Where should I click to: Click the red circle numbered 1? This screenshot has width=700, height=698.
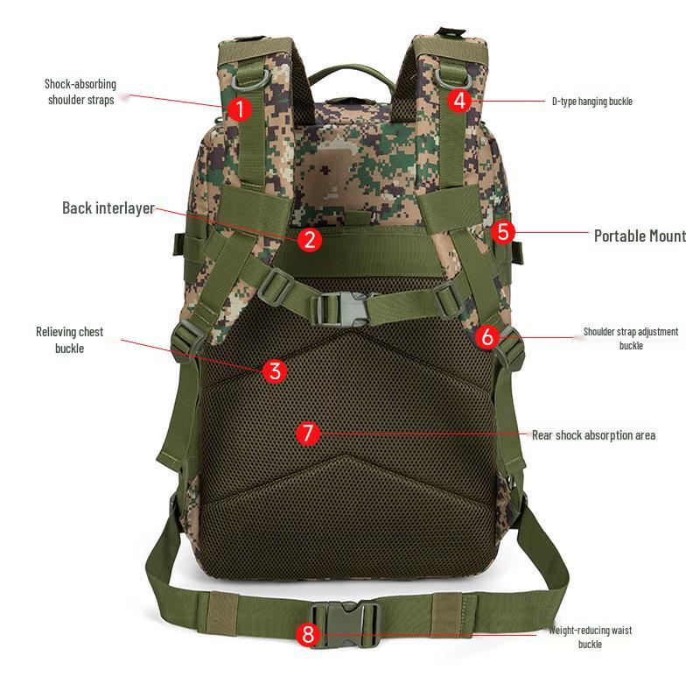pos(240,109)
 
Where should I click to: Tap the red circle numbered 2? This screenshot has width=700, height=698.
pos(309,239)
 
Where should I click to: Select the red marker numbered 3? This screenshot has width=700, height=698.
pos(275,370)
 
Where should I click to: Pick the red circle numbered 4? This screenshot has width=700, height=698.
pos(461,100)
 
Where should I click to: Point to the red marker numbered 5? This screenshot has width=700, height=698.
pos(502,232)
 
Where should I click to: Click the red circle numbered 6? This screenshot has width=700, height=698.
pos(488,336)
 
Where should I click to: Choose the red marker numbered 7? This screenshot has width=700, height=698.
pos(307,433)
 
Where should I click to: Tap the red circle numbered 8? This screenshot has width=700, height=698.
pos(307,635)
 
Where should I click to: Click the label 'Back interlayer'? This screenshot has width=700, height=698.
pos(108,208)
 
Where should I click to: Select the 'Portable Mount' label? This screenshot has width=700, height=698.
pos(640,236)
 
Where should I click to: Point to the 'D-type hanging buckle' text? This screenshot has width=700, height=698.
pos(591,102)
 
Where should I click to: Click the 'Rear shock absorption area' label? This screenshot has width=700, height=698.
pos(593,435)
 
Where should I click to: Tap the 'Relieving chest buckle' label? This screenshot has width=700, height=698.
pos(69,340)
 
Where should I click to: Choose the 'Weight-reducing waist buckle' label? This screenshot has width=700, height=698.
pos(590,637)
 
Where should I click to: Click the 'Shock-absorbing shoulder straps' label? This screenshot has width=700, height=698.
pos(80,92)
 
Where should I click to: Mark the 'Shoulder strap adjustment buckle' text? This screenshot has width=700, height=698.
pos(631,338)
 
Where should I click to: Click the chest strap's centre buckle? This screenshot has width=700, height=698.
pos(342,307)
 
